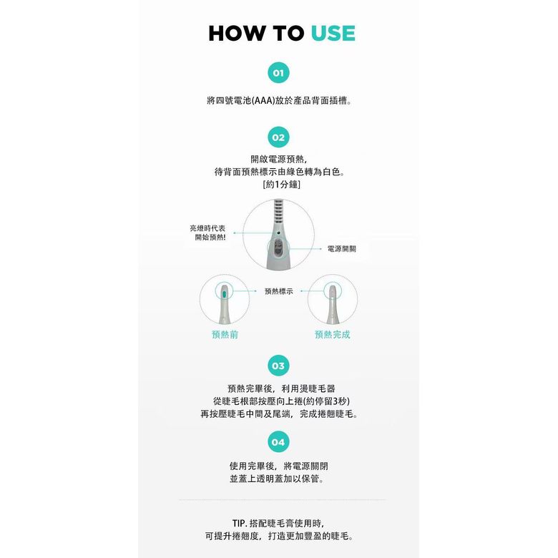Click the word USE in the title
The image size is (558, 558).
[333, 34]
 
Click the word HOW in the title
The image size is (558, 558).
[237, 34]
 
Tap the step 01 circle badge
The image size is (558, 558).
[278, 72]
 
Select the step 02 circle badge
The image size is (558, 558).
[278, 137]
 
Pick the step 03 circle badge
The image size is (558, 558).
[278, 366]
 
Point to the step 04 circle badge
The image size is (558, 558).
[278, 442]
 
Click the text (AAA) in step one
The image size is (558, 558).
[263, 101]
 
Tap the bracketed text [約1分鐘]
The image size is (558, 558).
[281, 185]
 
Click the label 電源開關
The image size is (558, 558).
[342, 249]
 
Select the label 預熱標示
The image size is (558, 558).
[279, 291]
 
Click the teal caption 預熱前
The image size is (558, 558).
[225, 335]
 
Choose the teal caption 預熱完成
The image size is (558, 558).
[333, 335]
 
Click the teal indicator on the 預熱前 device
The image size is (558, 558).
[224, 294]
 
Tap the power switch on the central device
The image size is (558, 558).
[278, 248]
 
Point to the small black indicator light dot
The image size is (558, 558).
[278, 233]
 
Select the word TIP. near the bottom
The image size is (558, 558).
[240, 523]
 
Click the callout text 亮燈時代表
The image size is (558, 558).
[207, 228]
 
